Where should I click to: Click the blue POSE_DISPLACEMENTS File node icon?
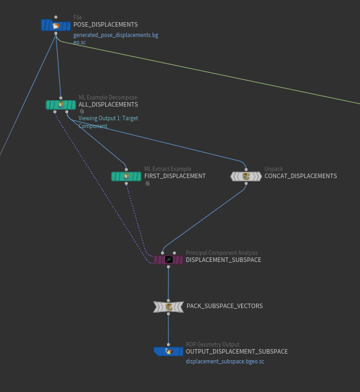coord(56,25)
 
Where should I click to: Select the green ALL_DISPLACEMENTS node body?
coord(60,105)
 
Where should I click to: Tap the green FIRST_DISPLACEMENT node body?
coord(126,177)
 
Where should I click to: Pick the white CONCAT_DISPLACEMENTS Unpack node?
coord(246,177)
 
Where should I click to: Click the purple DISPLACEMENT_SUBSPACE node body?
coord(168,260)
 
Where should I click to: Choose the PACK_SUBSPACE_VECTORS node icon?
coord(168,307)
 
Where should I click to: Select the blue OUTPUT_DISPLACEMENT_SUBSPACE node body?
coord(168,351)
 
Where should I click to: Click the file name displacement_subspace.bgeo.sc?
coord(225,361)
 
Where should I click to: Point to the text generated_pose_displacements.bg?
coord(116,35)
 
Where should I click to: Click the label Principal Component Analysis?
coord(222,253)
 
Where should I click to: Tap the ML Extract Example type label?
coord(168,169)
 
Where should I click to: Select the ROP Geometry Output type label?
coord(212,345)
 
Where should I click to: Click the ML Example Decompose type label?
coord(108,98)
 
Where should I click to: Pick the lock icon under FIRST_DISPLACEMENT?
coord(148,184)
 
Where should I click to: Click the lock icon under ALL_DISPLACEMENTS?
coord(82,112)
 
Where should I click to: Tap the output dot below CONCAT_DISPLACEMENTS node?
coord(246,183)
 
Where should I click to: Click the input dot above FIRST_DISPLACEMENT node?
coord(126,170)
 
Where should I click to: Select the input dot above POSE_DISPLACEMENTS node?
coord(56,18)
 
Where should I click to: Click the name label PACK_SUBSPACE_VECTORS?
coord(225,306)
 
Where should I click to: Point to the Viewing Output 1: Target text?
coord(108,118)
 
